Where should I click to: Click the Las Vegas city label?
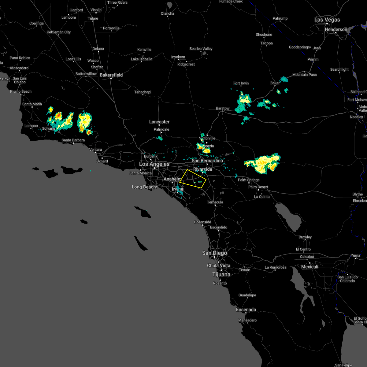click(327, 20)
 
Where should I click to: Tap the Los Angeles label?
click(154, 164)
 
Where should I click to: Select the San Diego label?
click(214, 253)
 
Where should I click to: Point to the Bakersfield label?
click(111, 75)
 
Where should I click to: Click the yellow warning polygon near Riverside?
click(193, 179)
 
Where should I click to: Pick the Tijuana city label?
click(221, 274)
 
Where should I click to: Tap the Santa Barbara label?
click(73, 140)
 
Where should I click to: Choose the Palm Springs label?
click(249, 180)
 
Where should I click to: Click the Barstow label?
click(222, 108)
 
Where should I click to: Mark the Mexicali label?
click(310, 267)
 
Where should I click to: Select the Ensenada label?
click(246, 310)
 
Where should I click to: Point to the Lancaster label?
click(159, 122)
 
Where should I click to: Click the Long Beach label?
click(144, 187)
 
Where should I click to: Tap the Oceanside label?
click(202, 222)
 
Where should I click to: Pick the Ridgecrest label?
click(186, 64)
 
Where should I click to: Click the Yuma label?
click(355, 255)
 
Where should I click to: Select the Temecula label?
click(215, 202)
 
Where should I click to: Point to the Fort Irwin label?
click(241, 83)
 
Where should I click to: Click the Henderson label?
click(336, 29)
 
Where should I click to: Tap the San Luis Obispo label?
click(20, 80)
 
